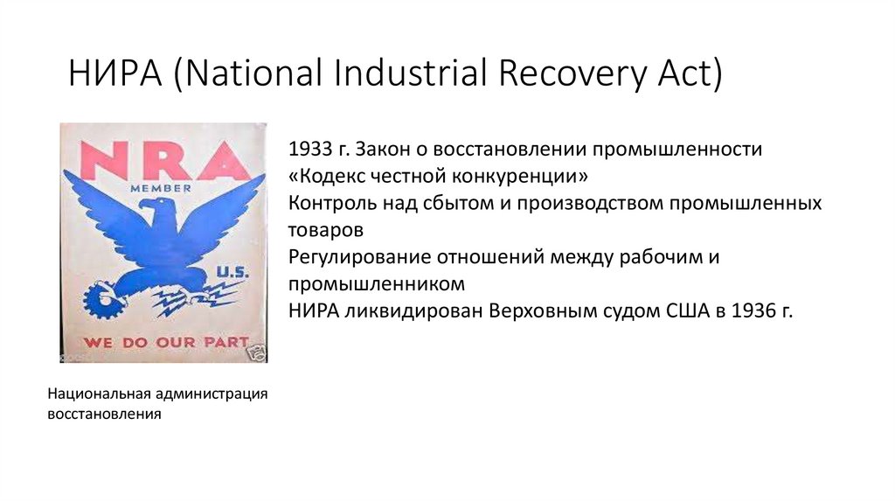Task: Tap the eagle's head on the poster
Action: click(x=158, y=211)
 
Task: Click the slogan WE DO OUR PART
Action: click(x=167, y=342)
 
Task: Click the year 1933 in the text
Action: click(x=307, y=150)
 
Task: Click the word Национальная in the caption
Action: click(x=98, y=395)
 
